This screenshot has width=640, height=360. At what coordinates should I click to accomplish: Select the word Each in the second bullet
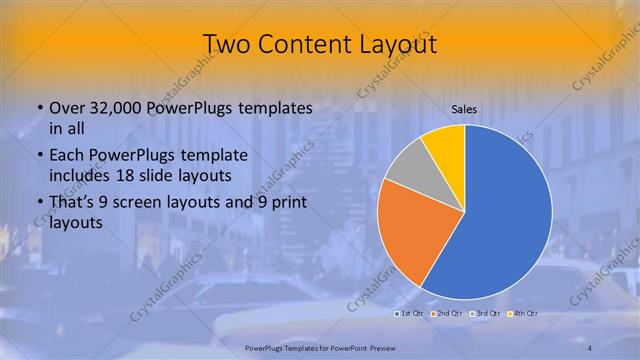tap(67, 155)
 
